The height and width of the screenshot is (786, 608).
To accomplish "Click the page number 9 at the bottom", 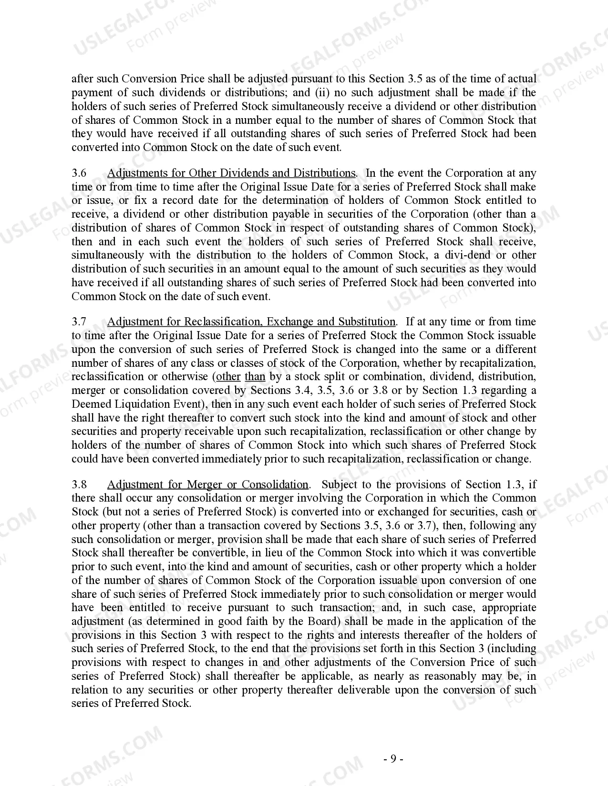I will click(393, 759).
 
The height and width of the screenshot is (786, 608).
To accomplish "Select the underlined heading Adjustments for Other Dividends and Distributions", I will click(231, 173).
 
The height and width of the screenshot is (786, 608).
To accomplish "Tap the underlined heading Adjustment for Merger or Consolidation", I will click(208, 484).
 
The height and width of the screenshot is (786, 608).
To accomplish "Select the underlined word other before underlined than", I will click(228, 376).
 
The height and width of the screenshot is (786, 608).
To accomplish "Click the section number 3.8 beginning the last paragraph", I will click(79, 484).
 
